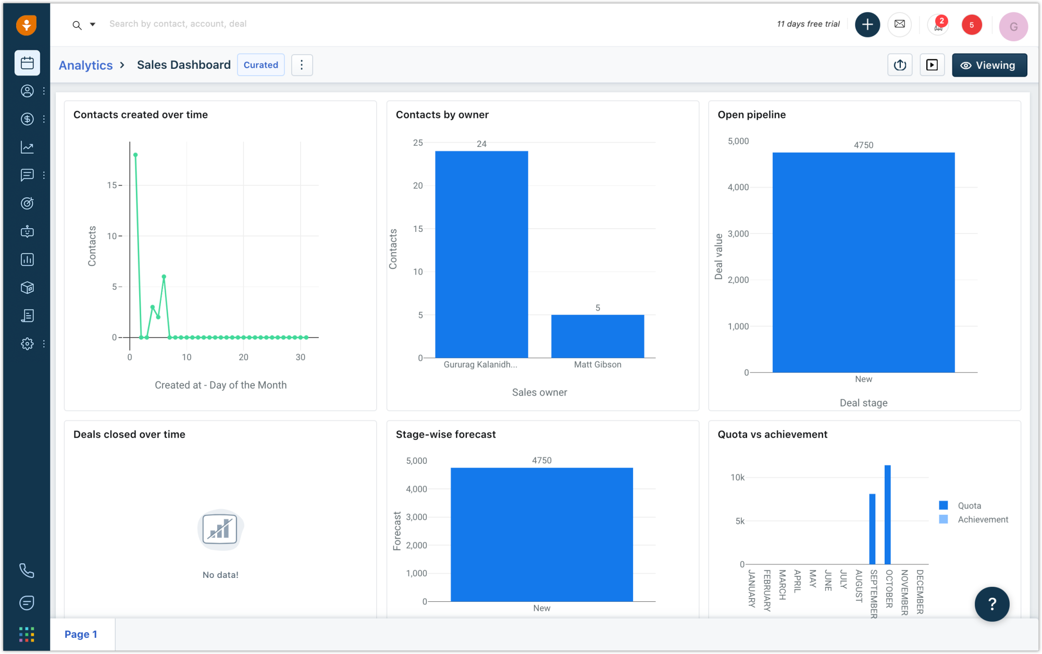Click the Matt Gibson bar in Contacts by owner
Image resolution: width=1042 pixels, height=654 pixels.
[598, 336]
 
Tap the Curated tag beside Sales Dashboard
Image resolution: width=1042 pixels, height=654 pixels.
[260, 65]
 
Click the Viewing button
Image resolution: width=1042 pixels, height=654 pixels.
[989, 65]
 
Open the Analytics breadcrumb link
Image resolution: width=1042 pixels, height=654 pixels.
[85, 65]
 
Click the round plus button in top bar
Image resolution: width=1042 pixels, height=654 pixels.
[867, 24]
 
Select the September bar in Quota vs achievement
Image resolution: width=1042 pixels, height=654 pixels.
[872, 529]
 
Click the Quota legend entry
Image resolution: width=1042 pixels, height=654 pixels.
[969, 505]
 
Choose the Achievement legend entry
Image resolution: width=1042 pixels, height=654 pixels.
[983, 520]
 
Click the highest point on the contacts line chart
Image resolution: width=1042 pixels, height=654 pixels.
[135, 155]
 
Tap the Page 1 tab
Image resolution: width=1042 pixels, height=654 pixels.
[81, 634]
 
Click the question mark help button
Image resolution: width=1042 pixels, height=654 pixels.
[991, 604]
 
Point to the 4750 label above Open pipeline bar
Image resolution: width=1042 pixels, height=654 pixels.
[863, 145]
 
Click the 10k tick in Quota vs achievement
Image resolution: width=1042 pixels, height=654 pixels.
[737, 477]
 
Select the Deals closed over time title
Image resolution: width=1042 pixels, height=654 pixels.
[129, 434]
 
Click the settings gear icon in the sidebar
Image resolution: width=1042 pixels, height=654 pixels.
[27, 344]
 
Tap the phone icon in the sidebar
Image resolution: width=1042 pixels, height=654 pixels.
[27, 571]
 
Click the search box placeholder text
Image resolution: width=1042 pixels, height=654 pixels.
[178, 24]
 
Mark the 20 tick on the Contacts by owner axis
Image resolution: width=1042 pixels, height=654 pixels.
[418, 186]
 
